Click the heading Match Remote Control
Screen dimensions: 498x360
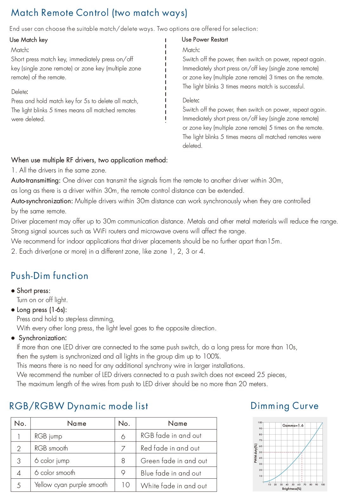point(99,13)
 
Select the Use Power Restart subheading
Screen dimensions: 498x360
point(205,40)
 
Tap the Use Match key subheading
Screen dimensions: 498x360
point(29,40)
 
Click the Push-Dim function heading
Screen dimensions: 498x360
point(49,276)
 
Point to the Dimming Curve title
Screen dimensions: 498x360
point(284,406)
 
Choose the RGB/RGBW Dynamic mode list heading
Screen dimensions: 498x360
point(79,406)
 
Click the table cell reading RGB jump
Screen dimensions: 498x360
point(48,436)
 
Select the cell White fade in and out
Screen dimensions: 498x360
point(173,486)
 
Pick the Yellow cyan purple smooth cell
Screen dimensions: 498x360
point(71,485)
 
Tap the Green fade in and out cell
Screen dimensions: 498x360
point(174,461)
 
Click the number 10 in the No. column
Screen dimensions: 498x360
point(126,485)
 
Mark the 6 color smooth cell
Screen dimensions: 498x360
point(55,473)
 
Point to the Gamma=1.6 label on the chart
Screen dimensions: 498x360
point(293,425)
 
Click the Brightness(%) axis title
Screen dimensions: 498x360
point(291,489)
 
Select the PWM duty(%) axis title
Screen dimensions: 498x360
point(256,453)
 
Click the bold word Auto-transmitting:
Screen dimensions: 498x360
point(36,181)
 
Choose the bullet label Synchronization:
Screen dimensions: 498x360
point(43,338)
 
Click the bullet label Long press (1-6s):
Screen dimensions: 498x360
point(42,310)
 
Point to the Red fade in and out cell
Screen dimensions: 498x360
point(170,448)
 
